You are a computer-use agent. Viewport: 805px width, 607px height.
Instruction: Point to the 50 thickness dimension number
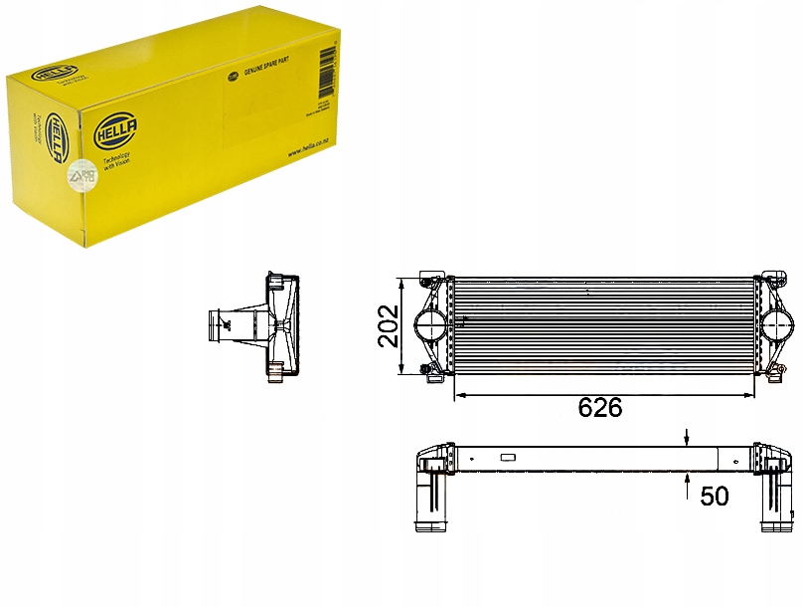[x=715, y=496]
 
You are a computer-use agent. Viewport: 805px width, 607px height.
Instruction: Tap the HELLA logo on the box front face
[x=116, y=130]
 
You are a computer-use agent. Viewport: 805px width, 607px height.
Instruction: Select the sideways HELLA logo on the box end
[x=56, y=133]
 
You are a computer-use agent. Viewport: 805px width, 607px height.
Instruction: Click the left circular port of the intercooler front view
[x=428, y=323]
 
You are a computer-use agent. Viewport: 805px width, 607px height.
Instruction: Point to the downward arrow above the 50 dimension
[x=688, y=437]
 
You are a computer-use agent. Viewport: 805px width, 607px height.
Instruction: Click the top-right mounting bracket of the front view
[x=770, y=278]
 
